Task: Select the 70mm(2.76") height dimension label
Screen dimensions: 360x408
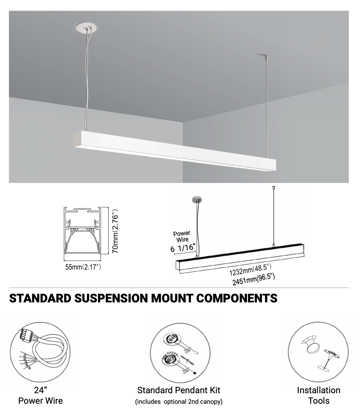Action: [x=115, y=231]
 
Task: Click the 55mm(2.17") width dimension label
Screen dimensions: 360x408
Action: [x=83, y=267]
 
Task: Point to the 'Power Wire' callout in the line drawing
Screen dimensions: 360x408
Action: [x=182, y=236]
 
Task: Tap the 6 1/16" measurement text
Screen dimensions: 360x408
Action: [x=183, y=248]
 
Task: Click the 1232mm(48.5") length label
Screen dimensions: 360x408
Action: [x=250, y=269]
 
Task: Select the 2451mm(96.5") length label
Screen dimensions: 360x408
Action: [x=254, y=279]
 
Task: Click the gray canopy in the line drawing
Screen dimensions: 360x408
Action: [x=197, y=200]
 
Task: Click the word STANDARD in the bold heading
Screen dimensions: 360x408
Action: [x=40, y=298]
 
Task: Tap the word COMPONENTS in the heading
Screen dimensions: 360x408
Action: [x=237, y=298]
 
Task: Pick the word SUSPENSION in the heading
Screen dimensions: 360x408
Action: [x=111, y=298]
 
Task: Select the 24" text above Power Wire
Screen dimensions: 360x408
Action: [x=41, y=390]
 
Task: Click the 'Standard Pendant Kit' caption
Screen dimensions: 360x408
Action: [x=179, y=390]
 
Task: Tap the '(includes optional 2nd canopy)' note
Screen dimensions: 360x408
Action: [x=179, y=402]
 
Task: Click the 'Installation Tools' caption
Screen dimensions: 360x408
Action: [x=319, y=395]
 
